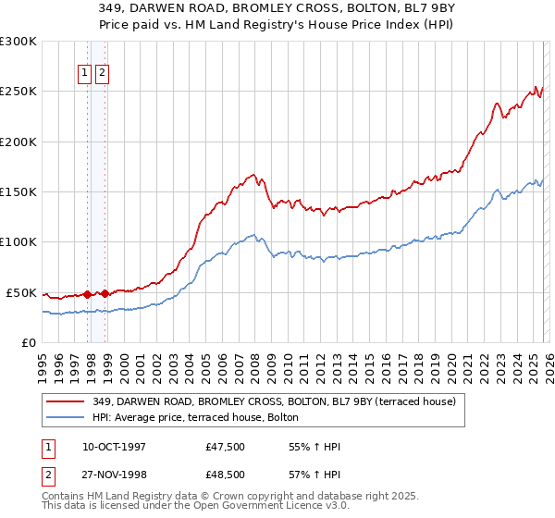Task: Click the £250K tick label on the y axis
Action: (x=18, y=92)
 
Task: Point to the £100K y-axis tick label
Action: (x=18, y=242)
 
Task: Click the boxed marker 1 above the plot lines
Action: (x=84, y=74)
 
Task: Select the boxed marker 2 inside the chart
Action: (x=101, y=74)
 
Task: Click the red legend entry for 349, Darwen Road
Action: (x=274, y=401)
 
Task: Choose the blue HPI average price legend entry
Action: (x=195, y=417)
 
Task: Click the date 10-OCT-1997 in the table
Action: (x=114, y=448)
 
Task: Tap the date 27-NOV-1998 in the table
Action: (x=114, y=475)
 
